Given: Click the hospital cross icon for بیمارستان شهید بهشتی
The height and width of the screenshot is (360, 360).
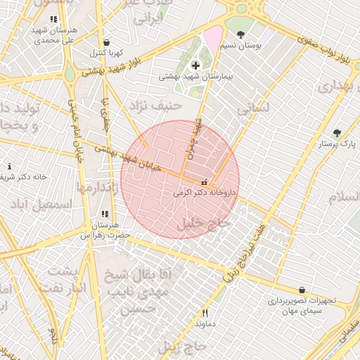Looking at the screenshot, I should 195,65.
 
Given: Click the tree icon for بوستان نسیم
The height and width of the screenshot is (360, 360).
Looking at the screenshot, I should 241,34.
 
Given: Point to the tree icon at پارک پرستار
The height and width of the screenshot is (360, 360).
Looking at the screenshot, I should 337,133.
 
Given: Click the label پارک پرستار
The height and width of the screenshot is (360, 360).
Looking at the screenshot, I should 338,143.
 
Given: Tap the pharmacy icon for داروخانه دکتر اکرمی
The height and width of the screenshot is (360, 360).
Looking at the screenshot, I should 205,181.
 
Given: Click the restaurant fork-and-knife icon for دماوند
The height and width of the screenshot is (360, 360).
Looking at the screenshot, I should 205,314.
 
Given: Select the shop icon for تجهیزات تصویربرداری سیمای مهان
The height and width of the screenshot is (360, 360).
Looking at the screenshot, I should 302,290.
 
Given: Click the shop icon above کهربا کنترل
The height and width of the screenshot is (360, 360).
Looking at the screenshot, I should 105,43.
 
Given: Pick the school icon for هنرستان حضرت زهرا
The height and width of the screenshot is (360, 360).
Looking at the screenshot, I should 105,214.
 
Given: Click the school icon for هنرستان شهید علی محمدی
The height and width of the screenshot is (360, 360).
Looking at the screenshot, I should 54,20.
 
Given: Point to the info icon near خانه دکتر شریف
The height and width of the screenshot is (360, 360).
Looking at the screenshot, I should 9,167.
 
